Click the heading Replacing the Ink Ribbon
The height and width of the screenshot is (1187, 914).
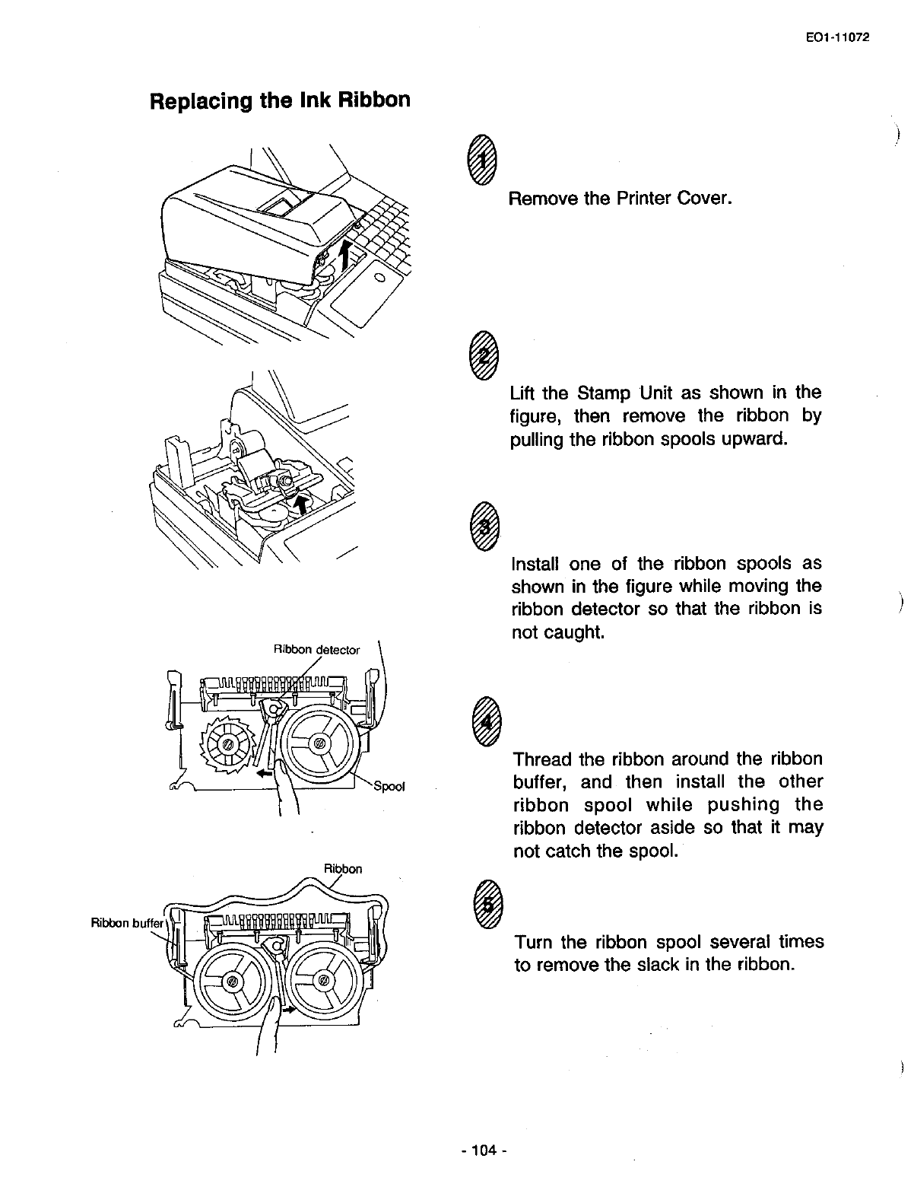pos(280,100)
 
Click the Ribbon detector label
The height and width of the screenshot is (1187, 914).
pos(316,650)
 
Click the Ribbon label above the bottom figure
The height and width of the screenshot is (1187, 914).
pos(343,868)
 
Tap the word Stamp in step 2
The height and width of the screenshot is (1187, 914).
pos(603,393)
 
